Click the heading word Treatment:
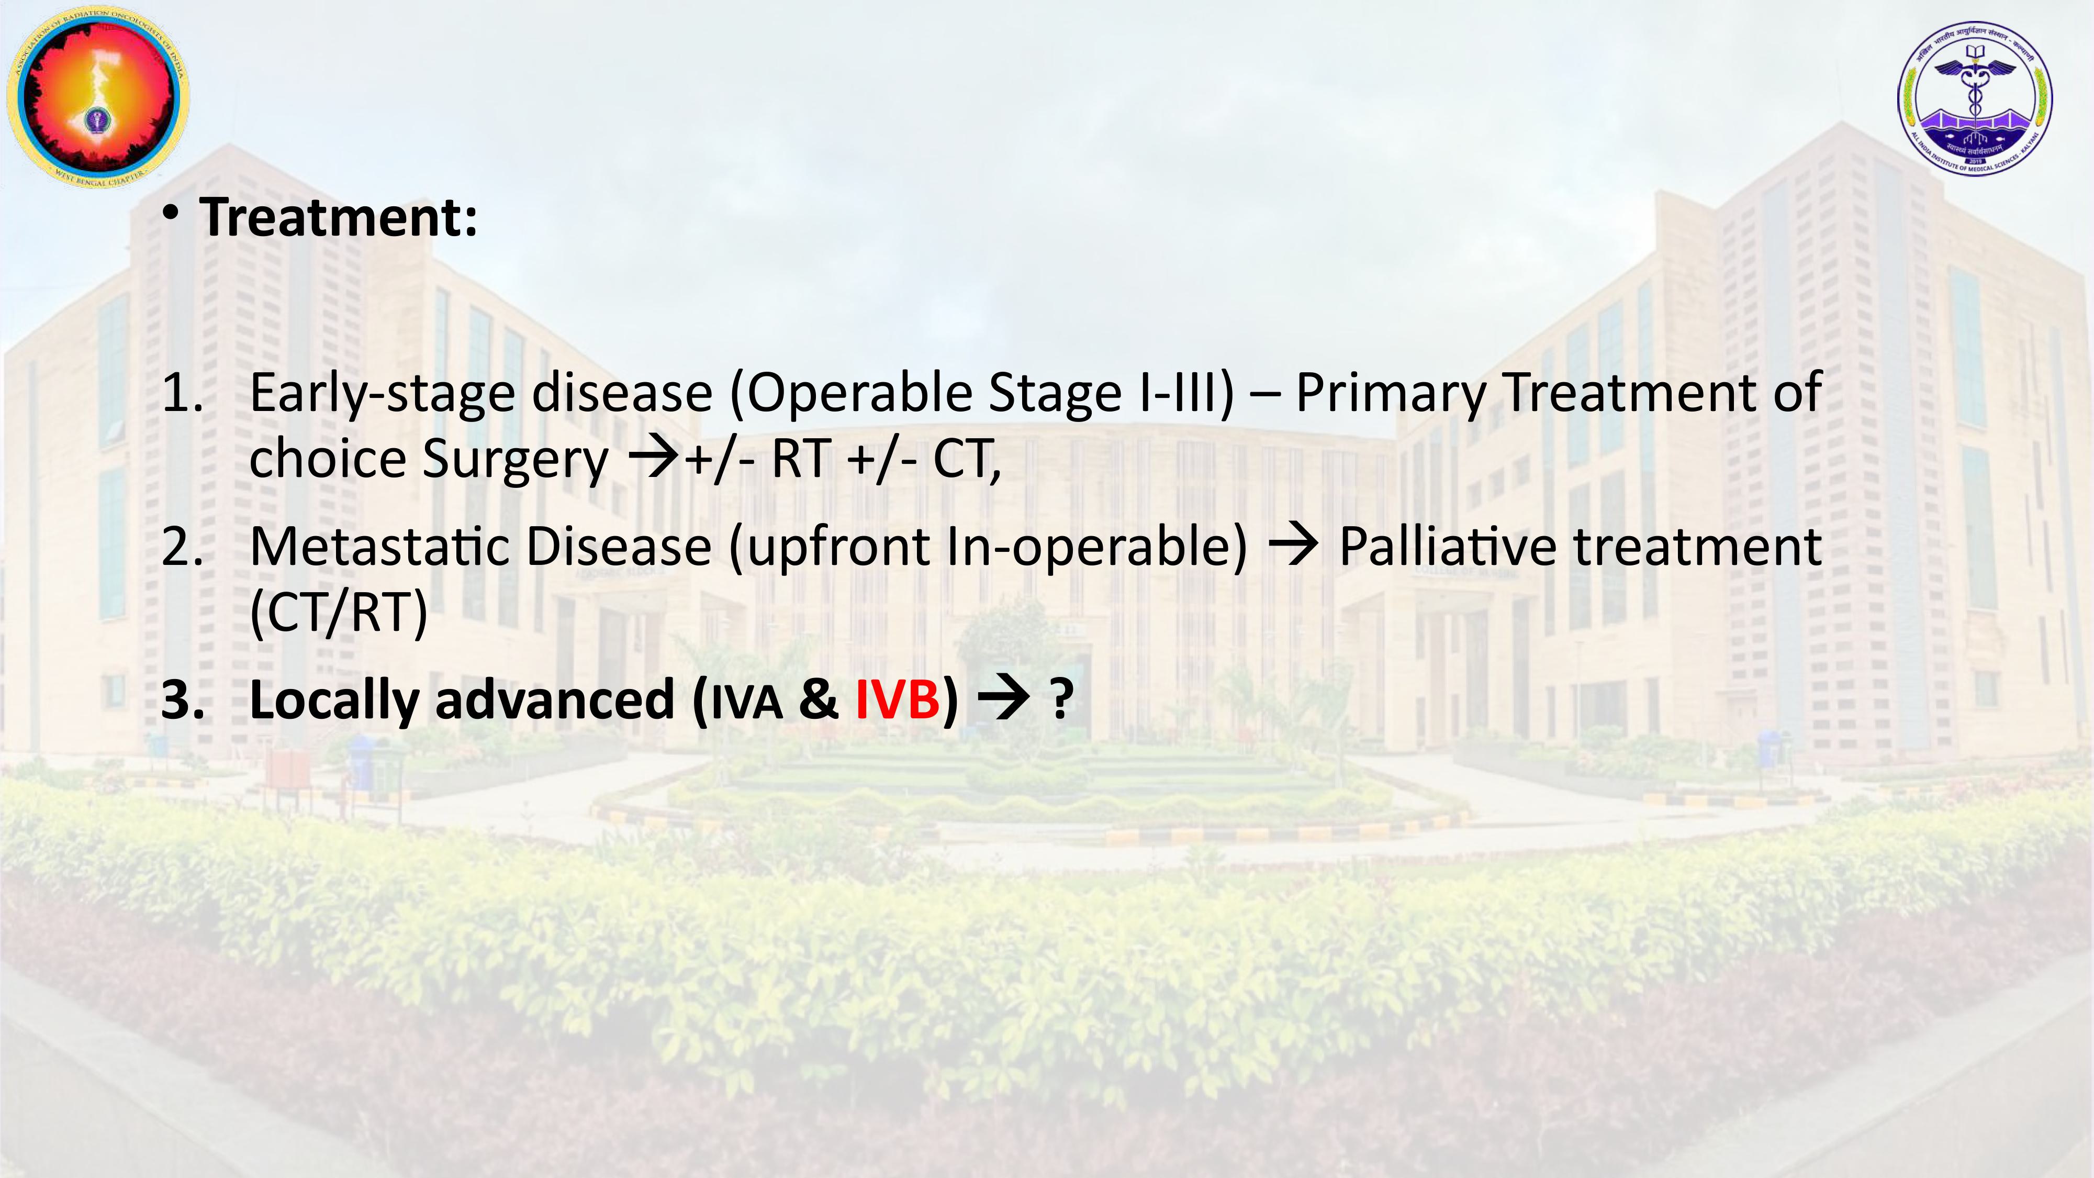click(x=339, y=218)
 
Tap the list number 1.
click(x=182, y=393)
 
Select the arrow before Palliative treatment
click(x=1293, y=546)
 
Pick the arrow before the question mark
click(x=1004, y=699)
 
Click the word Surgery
click(x=516, y=460)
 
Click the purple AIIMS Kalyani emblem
click(x=1975, y=97)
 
